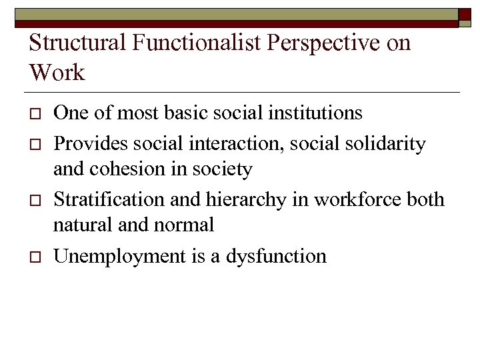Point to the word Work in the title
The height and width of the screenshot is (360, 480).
[x=57, y=72]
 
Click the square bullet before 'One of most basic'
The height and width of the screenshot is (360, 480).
[x=34, y=113]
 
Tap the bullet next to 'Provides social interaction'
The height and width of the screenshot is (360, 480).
[x=34, y=144]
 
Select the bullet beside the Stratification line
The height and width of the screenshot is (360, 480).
[x=34, y=200]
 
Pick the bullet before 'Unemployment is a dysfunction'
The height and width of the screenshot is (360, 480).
[x=34, y=257]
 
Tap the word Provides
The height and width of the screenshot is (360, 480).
[x=83, y=143]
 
